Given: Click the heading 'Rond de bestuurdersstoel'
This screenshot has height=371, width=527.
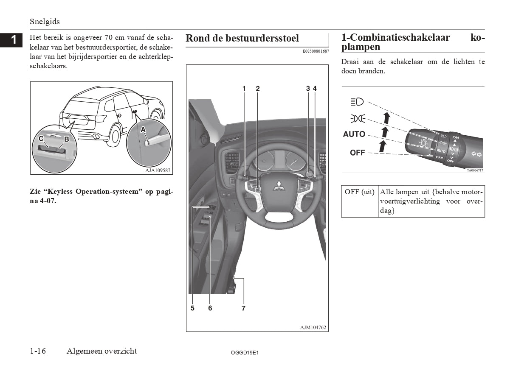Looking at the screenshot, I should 242,38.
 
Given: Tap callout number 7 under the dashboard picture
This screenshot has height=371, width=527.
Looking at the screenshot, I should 243,308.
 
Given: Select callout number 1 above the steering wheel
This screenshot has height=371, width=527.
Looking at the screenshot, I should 244,89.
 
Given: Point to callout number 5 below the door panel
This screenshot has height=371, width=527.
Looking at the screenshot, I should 192,308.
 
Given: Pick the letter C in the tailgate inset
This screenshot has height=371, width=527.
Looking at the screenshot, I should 41,139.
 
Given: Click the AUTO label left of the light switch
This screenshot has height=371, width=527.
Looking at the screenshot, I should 354,134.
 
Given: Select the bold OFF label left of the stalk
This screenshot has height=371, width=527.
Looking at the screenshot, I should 357,153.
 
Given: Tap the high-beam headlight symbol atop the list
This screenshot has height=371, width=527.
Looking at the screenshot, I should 357,101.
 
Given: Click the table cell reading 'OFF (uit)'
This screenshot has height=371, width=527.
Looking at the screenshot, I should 360,192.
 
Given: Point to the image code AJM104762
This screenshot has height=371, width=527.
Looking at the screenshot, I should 313,327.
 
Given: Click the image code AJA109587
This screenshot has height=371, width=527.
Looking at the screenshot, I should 155,170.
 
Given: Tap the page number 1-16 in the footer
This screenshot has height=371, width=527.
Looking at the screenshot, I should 38,351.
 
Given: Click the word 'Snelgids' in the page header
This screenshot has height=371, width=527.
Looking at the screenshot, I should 45,21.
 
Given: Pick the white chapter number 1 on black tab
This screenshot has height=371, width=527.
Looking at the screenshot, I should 14,40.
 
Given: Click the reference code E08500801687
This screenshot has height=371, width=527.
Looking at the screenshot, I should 316,51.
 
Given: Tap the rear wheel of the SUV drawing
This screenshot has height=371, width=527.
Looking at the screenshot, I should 114,135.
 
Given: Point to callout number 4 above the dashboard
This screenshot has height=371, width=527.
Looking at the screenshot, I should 315,89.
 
